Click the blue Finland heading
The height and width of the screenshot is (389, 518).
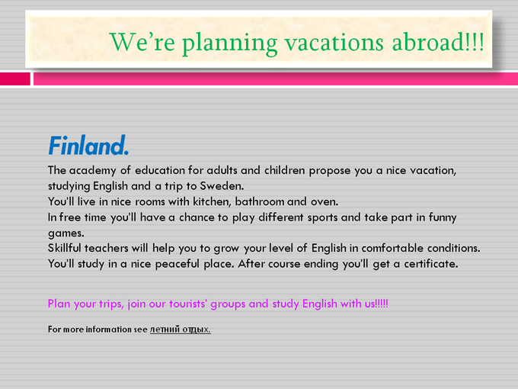88,145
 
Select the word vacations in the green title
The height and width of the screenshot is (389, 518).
334,43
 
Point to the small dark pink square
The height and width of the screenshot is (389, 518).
15,79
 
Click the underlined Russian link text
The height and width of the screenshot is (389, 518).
181,330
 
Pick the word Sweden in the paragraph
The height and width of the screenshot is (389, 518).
222,186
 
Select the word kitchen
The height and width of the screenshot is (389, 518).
212,202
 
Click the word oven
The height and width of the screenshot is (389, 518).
325,202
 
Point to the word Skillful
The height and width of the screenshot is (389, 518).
65,248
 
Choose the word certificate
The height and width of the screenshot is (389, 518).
431,264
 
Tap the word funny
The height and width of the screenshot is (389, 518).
443,217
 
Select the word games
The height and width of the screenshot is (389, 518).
66,233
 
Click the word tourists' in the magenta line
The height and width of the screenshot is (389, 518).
188,304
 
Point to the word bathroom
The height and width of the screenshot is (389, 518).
259,201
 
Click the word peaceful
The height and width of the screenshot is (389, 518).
177,264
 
